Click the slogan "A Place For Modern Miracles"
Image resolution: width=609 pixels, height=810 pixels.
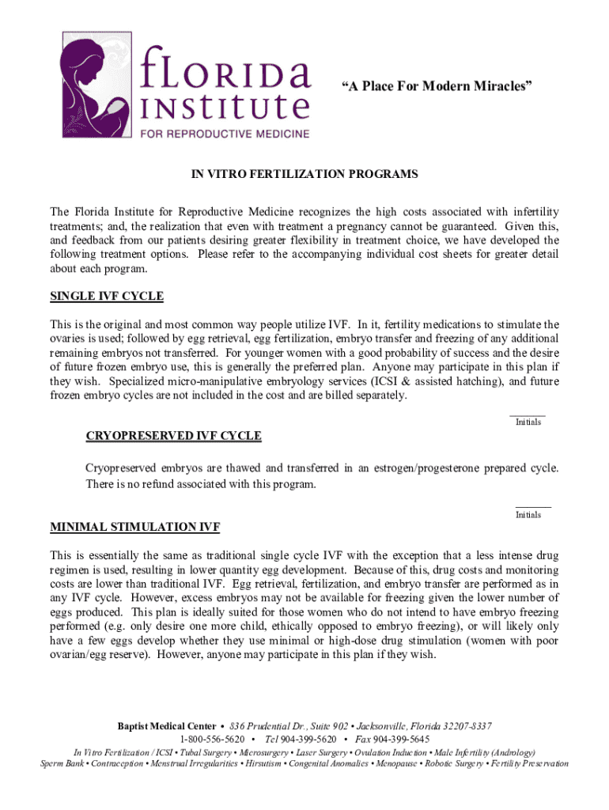[x=436, y=86]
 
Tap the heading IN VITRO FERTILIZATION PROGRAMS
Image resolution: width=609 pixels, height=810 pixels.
[x=304, y=174]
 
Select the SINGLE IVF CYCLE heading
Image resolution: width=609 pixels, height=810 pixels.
[x=107, y=297]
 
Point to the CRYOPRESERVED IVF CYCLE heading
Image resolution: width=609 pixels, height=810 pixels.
[x=173, y=436]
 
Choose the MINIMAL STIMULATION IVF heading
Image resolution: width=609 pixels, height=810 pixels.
[x=135, y=527]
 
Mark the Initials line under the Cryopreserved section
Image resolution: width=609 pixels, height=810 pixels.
[x=533, y=506]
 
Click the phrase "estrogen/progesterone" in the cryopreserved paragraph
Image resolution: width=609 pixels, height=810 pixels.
[x=410, y=468]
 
